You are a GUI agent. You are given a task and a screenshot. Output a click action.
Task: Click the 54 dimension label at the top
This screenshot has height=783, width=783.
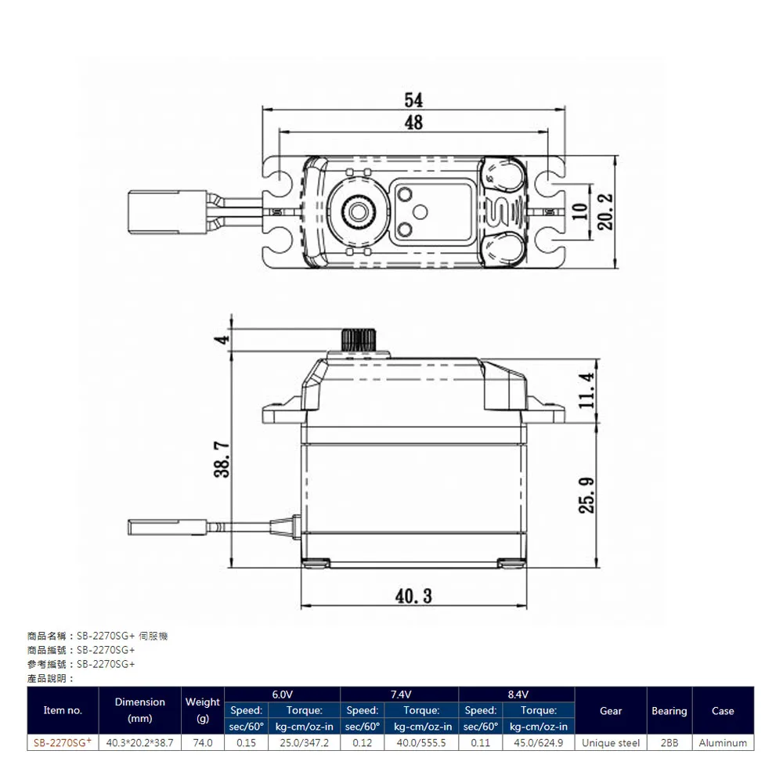(x=413, y=99)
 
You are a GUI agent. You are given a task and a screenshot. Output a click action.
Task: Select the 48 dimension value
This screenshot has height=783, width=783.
(x=413, y=122)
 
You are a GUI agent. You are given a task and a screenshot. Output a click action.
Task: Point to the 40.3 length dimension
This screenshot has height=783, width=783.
(x=413, y=596)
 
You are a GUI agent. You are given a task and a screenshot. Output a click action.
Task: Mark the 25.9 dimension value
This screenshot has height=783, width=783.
(x=587, y=495)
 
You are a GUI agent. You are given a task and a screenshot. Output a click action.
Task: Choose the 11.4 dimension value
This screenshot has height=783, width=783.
(x=587, y=390)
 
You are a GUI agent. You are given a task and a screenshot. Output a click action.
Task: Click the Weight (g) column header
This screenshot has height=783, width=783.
(x=203, y=710)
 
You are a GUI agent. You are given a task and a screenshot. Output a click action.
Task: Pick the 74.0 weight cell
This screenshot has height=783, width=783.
(x=203, y=742)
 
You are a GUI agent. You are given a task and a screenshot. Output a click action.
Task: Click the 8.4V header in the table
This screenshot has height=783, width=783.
(x=517, y=695)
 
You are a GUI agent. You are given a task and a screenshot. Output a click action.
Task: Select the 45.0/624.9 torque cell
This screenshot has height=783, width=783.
(x=538, y=742)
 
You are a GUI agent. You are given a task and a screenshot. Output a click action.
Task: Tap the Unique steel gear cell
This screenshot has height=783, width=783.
(x=611, y=742)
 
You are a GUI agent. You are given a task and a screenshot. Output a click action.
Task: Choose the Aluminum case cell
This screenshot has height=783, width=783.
(x=723, y=742)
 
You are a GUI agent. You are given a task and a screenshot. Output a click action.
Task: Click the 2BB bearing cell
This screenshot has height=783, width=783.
(x=669, y=742)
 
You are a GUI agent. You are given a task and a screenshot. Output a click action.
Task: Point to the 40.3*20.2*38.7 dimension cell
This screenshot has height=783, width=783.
(x=139, y=742)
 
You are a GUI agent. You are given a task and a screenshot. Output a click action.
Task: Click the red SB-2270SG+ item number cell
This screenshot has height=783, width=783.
(x=63, y=742)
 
